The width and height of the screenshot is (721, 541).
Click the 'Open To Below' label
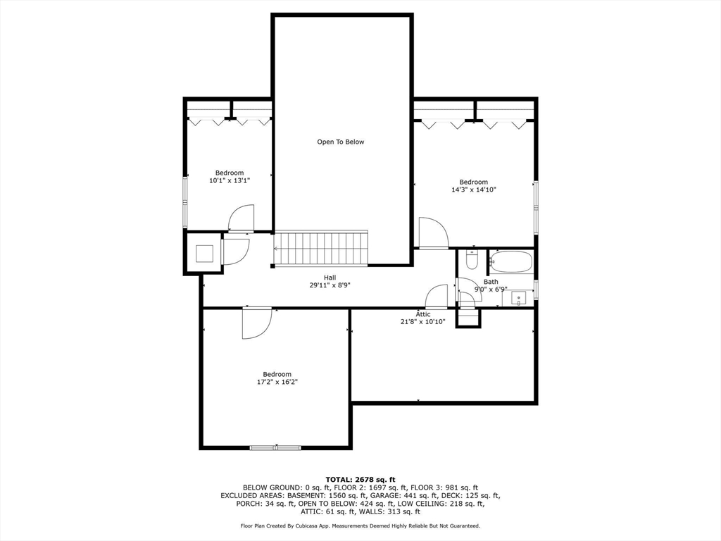[x=340, y=142]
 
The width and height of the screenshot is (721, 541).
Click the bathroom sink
[x=519, y=298]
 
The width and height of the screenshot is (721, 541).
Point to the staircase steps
[x=321, y=249]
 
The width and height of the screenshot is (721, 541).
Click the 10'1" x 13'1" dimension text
[x=230, y=181]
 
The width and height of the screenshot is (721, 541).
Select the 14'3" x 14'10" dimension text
[x=474, y=189]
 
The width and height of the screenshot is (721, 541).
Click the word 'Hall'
[x=330, y=278]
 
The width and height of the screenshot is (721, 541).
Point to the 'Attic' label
[x=423, y=314]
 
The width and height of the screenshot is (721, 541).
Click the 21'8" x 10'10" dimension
[x=423, y=322]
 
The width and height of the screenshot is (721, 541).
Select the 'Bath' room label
[x=491, y=282]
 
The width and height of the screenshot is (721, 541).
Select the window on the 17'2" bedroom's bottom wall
[x=275, y=447]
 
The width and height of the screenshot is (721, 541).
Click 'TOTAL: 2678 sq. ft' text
[x=360, y=480]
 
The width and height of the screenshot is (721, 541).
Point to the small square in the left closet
[x=205, y=254]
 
